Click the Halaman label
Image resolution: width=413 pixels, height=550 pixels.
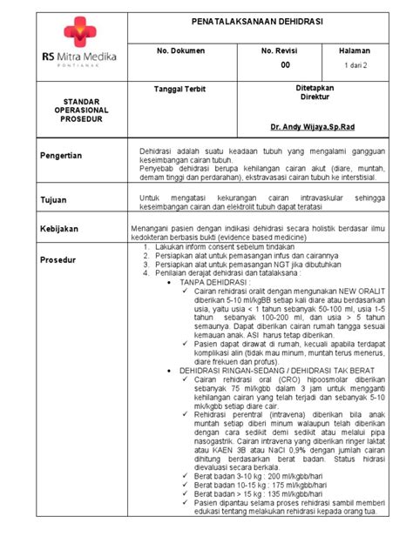click(x=356, y=51)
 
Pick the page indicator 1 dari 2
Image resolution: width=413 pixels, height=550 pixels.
click(x=356, y=65)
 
